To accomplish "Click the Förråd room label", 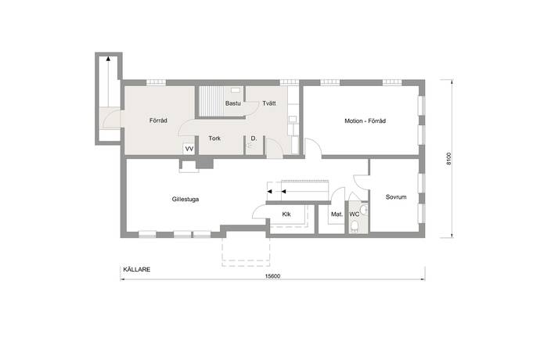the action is click(x=158, y=121).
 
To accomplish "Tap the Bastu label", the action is click(x=232, y=103).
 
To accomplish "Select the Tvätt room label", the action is click(x=269, y=103).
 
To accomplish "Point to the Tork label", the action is click(x=214, y=139).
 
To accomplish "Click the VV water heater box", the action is click(x=189, y=149).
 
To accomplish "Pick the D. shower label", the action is click(x=254, y=139).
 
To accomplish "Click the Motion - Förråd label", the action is click(x=365, y=121).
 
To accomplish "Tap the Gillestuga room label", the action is click(x=185, y=199).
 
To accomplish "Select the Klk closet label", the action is click(x=286, y=214).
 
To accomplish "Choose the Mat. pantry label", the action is click(x=337, y=214).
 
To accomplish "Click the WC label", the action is click(x=355, y=214).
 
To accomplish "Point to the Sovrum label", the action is click(x=396, y=197).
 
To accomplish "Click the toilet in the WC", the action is click(x=354, y=226).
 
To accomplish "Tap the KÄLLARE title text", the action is click(x=137, y=269).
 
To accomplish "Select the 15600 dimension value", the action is click(x=272, y=276).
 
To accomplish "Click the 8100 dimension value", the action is click(x=448, y=158).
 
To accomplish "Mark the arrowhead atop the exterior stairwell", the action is click(x=108, y=59).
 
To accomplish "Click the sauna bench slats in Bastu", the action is click(x=211, y=101).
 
